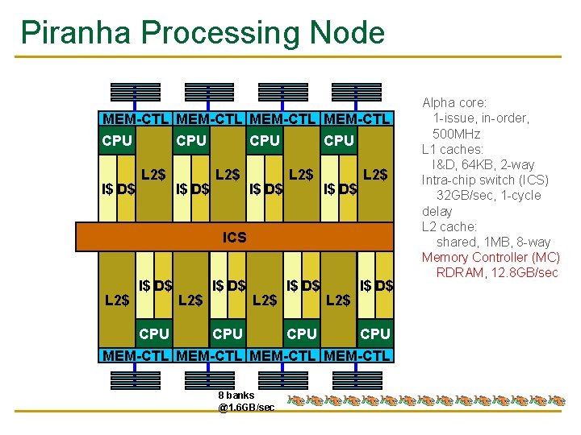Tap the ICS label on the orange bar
pos(234,238)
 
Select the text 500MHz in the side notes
pos(457,134)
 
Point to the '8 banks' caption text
pos(236,395)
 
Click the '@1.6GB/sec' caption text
pos(246,408)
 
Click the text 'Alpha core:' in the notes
pos(454,103)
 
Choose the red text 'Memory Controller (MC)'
pos(490,257)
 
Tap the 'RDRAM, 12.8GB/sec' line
pos(497,272)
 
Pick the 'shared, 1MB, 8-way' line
pos(493,242)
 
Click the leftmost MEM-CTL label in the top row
pos(136,119)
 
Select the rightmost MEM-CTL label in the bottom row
pos(357,354)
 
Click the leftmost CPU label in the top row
pos(117,141)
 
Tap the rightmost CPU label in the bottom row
pos(375,333)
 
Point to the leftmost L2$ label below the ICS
pos(118,300)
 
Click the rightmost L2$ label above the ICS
pos(375,174)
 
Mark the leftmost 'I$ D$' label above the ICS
pos(118,190)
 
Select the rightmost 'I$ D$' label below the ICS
pos(377,285)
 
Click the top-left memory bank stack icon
pos(135,93)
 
